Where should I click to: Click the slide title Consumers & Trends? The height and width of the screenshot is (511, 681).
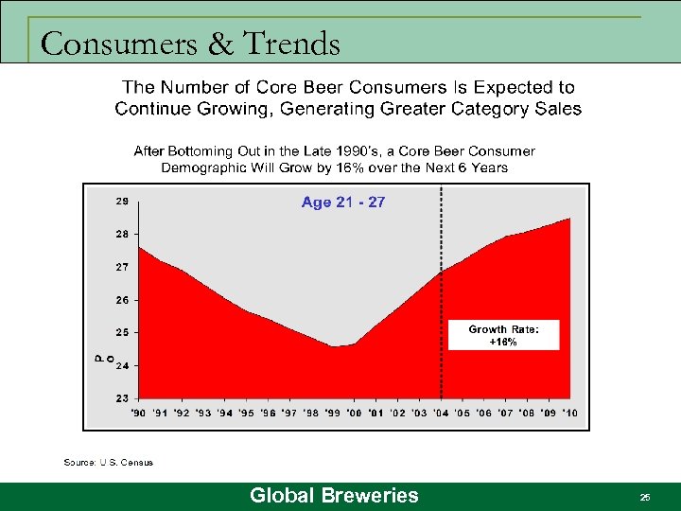pyautogui.click(x=190, y=44)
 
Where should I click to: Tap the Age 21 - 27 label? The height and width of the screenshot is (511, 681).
pyautogui.click(x=343, y=203)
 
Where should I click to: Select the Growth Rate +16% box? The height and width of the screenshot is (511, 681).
pyautogui.click(x=503, y=336)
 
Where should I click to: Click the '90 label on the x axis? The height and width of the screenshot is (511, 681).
pyautogui.click(x=137, y=414)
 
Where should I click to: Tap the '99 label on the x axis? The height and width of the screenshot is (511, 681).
pyautogui.click(x=334, y=414)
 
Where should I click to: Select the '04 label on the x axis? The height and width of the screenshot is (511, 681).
pyautogui.click(x=441, y=414)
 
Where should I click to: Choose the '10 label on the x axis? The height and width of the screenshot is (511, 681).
pyautogui.click(x=569, y=414)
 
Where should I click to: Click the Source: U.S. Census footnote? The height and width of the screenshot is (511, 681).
pyautogui.click(x=108, y=463)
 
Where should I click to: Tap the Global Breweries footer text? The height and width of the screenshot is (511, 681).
pyautogui.click(x=334, y=496)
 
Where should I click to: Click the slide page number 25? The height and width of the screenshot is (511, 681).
pyautogui.click(x=645, y=497)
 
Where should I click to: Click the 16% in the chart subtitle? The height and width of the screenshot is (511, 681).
pyautogui.click(x=371, y=167)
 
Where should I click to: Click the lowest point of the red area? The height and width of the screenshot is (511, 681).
pyautogui.click(x=336, y=346)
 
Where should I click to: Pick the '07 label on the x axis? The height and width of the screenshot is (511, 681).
pyautogui.click(x=505, y=414)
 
